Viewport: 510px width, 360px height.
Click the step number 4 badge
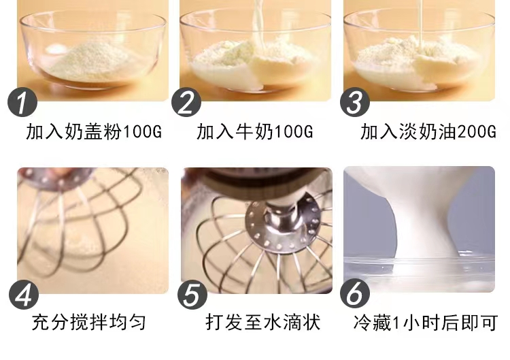(x=24, y=294)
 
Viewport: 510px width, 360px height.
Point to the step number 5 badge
(x=193, y=294)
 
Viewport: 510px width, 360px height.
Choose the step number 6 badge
(x=357, y=294)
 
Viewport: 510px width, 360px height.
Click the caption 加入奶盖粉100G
(x=95, y=131)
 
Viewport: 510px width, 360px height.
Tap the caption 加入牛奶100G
(x=255, y=131)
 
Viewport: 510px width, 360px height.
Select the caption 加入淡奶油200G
(x=428, y=131)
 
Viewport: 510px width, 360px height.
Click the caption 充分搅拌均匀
(x=88, y=322)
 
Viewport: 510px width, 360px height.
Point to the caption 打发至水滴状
(x=262, y=322)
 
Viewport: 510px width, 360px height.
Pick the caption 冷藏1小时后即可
(x=426, y=322)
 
